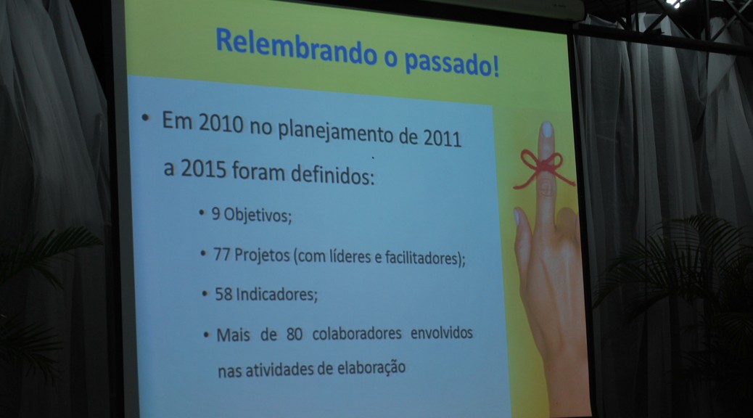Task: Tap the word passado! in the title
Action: tap(451, 63)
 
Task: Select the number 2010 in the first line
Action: tap(221, 123)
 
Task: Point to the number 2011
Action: tap(442, 138)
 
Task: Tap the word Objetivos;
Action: tap(258, 215)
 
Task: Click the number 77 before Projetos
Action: tap(222, 254)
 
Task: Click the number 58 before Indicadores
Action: tap(223, 294)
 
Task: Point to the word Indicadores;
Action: tap(276, 295)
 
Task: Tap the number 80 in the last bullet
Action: tap(295, 334)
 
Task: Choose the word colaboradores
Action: tap(357, 333)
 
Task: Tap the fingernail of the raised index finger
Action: tap(547, 130)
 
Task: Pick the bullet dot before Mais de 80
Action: tap(207, 335)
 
